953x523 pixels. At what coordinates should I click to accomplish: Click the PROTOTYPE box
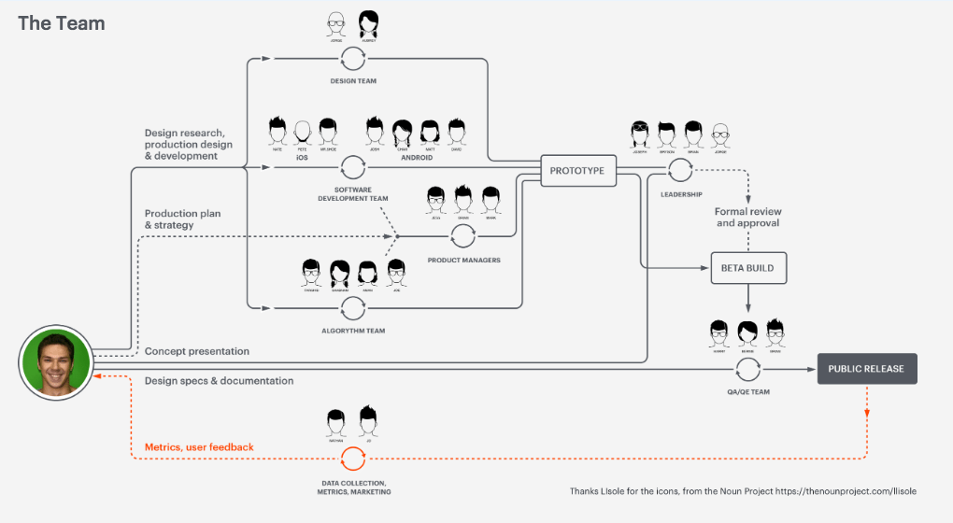tap(578, 171)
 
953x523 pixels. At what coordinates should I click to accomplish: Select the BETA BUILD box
tap(747, 268)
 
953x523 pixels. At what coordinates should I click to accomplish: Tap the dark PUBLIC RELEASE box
tap(866, 369)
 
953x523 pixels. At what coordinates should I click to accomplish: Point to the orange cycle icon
tap(353, 459)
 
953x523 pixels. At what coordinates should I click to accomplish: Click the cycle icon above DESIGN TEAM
tap(353, 59)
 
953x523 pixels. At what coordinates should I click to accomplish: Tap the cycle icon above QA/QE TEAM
tap(747, 368)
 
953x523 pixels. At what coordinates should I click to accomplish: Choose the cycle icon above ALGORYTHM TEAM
tap(353, 306)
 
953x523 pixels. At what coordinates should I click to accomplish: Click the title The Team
tap(61, 23)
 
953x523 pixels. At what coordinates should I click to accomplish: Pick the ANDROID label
tap(416, 157)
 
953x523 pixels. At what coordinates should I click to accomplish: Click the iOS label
tap(302, 157)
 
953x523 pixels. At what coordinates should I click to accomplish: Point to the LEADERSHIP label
tap(680, 194)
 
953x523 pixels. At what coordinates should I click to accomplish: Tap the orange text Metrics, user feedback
tap(199, 447)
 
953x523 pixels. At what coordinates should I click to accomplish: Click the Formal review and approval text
tap(747, 218)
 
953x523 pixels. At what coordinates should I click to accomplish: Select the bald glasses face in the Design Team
tap(337, 22)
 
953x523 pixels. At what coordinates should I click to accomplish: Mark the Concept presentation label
tap(197, 351)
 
